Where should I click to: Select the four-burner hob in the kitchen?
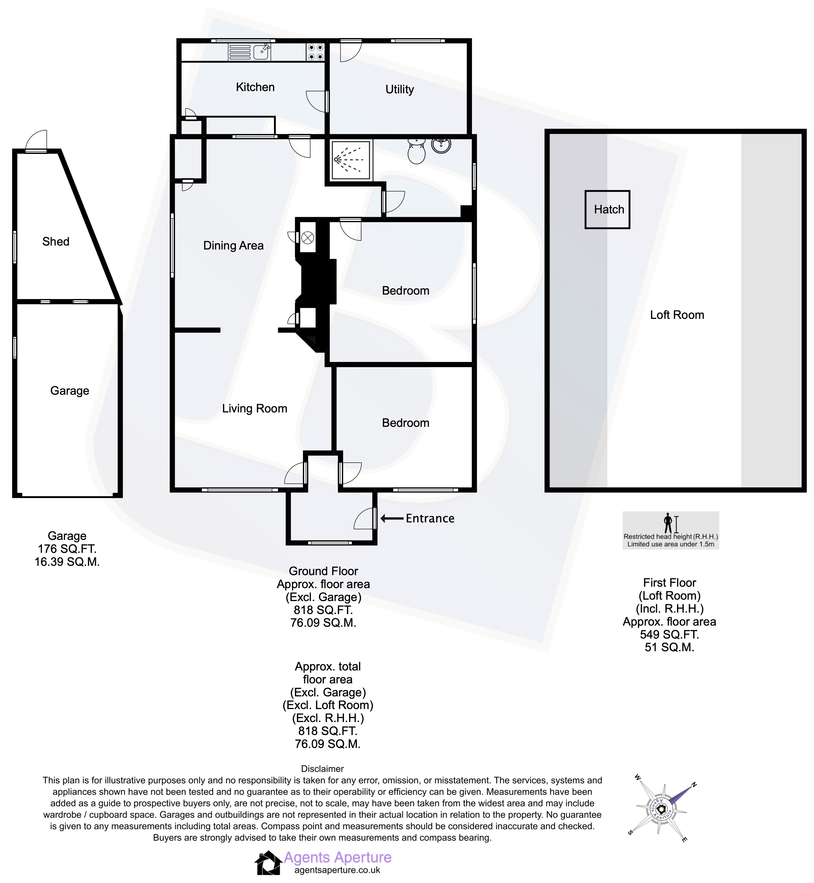[x=316, y=52]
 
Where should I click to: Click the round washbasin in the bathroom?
[x=441, y=144]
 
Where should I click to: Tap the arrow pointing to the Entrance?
[x=392, y=518]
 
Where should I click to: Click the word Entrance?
[x=430, y=518]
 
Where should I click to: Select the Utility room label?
[x=400, y=89]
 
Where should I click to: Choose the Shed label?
[x=56, y=242]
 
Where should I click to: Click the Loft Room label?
[x=677, y=315]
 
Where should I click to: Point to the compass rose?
[x=661, y=809]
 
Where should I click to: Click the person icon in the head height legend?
[x=668, y=523]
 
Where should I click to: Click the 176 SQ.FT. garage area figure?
[x=67, y=549]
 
